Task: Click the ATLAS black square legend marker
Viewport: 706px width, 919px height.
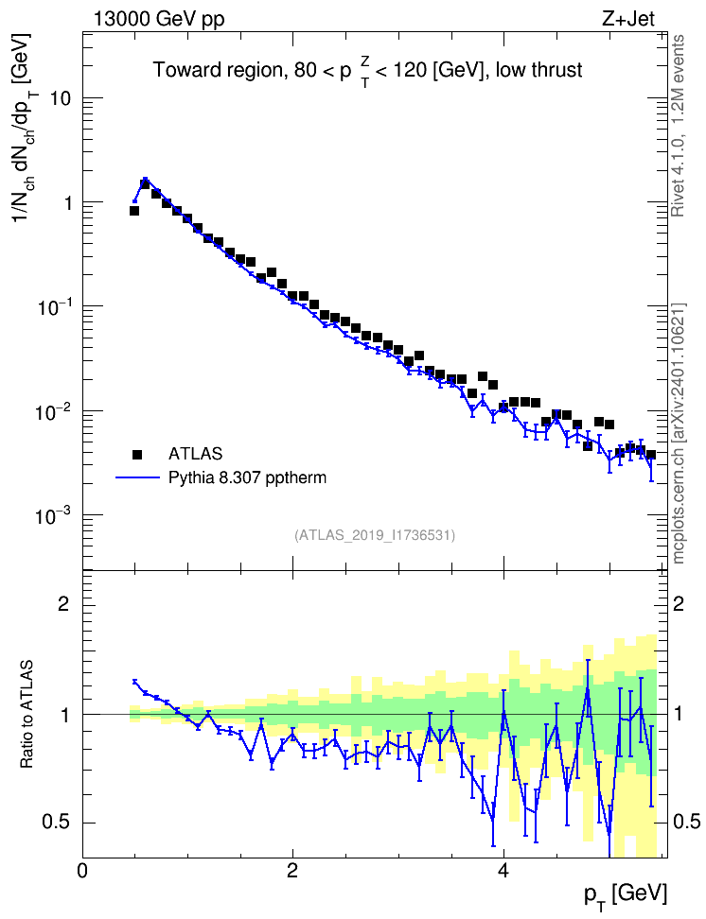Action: point(137,454)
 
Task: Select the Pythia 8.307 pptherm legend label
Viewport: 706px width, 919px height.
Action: point(247,477)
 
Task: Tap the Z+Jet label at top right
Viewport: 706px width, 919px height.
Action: point(628,19)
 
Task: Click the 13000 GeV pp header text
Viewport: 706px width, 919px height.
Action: point(159,20)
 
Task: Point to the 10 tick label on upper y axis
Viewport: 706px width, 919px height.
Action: point(60,98)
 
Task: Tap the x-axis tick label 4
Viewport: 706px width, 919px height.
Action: point(503,870)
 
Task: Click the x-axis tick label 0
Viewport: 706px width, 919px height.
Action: point(82,870)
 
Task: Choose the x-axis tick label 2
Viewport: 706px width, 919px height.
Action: point(292,870)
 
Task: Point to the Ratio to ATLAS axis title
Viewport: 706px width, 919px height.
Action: point(26,715)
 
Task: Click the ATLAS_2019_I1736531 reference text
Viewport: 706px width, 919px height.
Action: point(375,535)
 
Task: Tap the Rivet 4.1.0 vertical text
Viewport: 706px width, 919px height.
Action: point(678,126)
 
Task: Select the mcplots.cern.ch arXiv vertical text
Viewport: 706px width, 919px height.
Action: point(679,433)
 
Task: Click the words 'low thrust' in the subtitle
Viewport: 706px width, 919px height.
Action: point(538,70)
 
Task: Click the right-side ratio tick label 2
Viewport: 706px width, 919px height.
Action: point(679,603)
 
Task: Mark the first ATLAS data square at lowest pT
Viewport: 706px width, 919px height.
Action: point(133,211)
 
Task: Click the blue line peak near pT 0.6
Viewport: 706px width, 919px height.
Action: point(145,180)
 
